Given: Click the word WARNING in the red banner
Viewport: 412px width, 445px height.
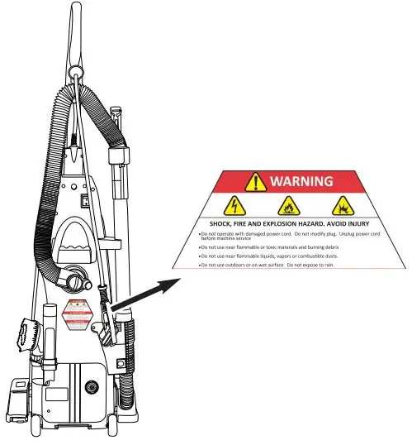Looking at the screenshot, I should pyautogui.click(x=302, y=181).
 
